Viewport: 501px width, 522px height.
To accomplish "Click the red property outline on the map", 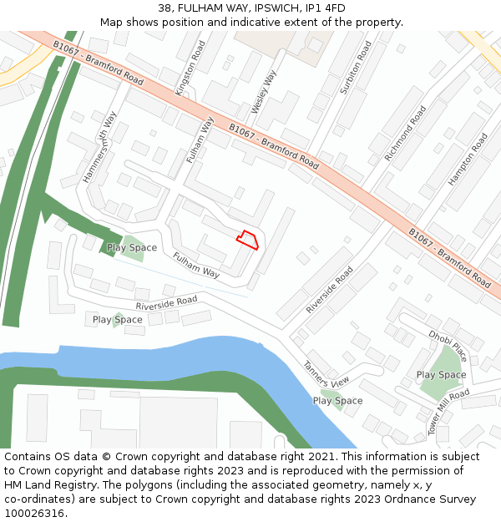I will point(247,241).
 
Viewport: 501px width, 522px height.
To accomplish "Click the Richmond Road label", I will point(405,134).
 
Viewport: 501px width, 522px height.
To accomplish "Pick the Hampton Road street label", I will point(468,159).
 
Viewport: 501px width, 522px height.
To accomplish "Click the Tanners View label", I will point(326,373).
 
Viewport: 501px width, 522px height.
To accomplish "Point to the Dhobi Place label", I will point(448,345).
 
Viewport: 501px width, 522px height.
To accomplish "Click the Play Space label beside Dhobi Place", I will point(441,375).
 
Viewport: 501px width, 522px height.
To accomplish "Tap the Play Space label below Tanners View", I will point(337,401).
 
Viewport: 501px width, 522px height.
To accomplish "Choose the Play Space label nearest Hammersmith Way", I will point(132,248).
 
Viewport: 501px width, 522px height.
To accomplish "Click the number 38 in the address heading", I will point(164,8).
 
